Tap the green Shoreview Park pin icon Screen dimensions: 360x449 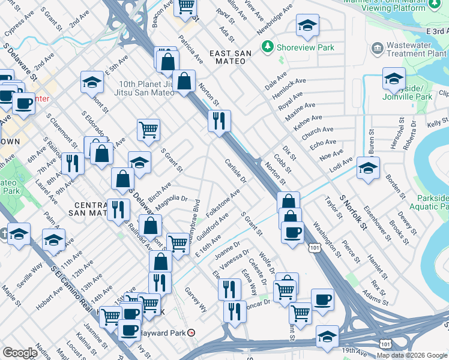click(x=267, y=46)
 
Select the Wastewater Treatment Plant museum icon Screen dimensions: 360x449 click(x=377, y=47)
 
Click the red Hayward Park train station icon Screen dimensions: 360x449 click(x=191, y=332)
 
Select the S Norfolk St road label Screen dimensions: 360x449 click(x=352, y=212)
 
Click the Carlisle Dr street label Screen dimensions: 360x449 click(x=235, y=171)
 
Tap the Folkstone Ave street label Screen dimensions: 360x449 click(x=223, y=203)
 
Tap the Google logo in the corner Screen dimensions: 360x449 click(x=20, y=353)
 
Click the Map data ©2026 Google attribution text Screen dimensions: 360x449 click(x=412, y=355)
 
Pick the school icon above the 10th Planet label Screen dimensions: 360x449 click(x=92, y=82)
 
